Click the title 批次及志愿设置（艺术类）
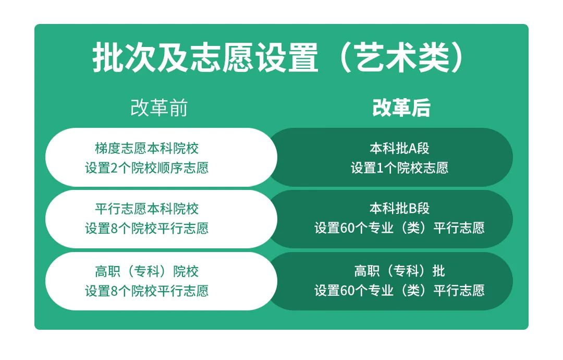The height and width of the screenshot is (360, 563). [x=279, y=57]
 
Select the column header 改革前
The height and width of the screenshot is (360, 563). [x=159, y=107]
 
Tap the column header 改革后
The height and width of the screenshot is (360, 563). [x=401, y=107]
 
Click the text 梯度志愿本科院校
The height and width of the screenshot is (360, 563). [x=146, y=148]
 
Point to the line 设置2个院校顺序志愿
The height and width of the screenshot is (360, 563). [x=146, y=168]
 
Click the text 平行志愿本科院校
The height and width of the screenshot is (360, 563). [x=146, y=209]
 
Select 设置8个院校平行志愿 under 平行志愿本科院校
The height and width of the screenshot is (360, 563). [x=146, y=228]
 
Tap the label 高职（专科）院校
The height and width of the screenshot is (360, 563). [x=146, y=271]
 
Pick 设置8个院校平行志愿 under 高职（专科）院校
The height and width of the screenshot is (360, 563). [x=146, y=291]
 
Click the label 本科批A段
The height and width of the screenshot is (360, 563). [x=399, y=148]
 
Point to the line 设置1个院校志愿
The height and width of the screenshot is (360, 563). [x=399, y=168]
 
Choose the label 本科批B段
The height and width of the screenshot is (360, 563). [x=399, y=208]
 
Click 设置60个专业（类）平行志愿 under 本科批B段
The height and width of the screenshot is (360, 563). [x=399, y=228]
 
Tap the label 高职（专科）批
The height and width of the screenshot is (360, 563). [x=399, y=271]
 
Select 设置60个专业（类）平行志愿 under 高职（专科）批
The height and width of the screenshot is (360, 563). [x=399, y=290]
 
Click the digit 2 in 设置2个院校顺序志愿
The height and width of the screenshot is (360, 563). [x=114, y=168]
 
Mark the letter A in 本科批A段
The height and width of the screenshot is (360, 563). [x=412, y=148]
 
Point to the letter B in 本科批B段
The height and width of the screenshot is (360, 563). [x=412, y=209]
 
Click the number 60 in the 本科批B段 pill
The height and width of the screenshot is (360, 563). [x=347, y=228]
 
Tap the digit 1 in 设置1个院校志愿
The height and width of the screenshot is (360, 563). [x=380, y=168]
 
